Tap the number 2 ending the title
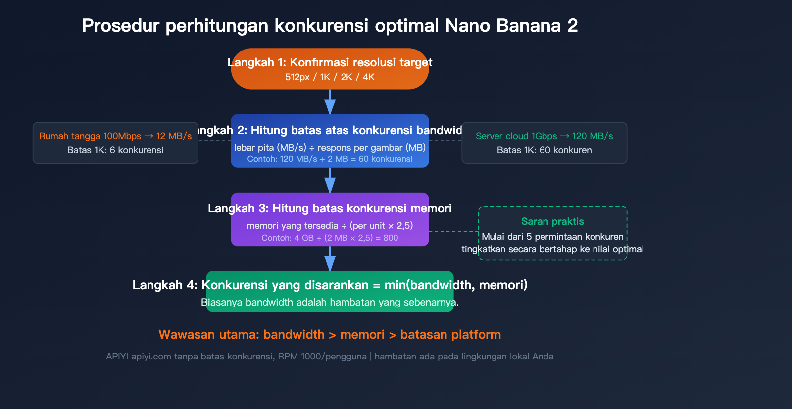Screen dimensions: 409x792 tap(572, 26)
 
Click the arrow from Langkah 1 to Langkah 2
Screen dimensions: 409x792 tap(330, 102)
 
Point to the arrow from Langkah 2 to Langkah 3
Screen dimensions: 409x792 tap(330, 181)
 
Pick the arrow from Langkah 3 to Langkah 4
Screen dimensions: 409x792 tap(330, 259)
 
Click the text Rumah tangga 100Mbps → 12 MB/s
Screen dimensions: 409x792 tap(115, 136)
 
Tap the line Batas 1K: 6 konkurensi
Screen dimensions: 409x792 tap(115, 150)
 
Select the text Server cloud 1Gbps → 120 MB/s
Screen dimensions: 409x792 tap(544, 136)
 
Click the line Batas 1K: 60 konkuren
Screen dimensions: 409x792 tap(544, 150)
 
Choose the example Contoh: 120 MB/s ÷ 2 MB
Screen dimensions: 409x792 tap(330, 159)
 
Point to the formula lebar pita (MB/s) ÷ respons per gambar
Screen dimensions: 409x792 tap(330, 148)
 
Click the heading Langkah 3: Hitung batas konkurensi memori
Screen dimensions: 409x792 tap(330, 208)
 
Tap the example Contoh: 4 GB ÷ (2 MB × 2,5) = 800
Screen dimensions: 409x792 tap(330, 238)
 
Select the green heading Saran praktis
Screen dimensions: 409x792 tap(552, 222)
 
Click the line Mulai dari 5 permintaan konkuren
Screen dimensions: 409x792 tap(552, 237)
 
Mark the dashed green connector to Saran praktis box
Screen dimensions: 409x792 tap(453, 231)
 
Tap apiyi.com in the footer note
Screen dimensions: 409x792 tap(151, 357)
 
